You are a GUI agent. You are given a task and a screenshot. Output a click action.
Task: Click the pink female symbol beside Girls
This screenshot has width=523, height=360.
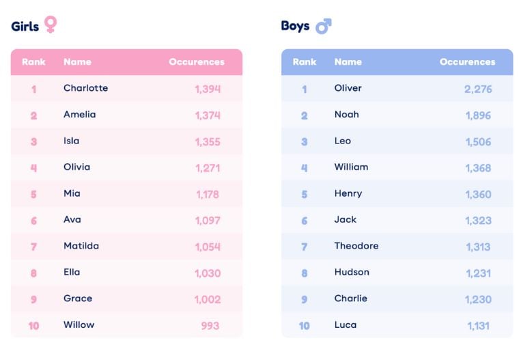(51, 25)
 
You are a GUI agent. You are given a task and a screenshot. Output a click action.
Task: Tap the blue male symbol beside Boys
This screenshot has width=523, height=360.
(323, 27)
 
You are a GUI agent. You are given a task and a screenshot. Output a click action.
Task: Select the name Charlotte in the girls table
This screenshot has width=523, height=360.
(85, 88)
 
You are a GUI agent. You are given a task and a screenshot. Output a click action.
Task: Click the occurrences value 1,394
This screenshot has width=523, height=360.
(208, 89)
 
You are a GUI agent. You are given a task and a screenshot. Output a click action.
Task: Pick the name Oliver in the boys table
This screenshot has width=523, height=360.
(348, 88)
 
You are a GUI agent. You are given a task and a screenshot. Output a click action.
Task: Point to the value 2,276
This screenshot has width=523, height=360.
(478, 89)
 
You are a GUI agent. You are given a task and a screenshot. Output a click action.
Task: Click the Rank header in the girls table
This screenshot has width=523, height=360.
(33, 61)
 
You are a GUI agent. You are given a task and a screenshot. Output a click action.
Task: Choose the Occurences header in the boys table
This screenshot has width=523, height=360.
(467, 61)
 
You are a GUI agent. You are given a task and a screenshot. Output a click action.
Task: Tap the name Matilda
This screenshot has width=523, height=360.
(81, 246)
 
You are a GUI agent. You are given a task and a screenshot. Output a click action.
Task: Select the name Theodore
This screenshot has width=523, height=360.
(356, 246)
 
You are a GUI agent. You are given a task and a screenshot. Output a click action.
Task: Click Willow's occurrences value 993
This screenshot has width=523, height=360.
(210, 326)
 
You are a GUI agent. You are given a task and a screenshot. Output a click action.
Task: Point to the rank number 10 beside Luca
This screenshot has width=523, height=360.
(305, 326)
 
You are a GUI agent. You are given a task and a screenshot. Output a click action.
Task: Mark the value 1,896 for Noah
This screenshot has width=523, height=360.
(478, 115)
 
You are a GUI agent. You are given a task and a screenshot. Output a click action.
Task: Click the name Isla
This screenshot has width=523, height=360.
(72, 141)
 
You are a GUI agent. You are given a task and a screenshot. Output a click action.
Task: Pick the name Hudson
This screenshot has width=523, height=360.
(352, 272)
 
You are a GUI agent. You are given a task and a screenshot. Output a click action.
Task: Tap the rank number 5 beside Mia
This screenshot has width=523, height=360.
(33, 194)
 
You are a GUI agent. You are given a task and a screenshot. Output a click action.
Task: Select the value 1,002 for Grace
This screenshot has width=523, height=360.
(208, 299)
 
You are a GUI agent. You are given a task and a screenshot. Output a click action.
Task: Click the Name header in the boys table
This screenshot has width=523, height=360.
(348, 61)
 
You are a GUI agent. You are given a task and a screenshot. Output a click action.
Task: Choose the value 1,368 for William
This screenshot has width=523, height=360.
(478, 168)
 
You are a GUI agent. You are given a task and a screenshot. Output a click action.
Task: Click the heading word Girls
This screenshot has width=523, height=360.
(25, 26)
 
